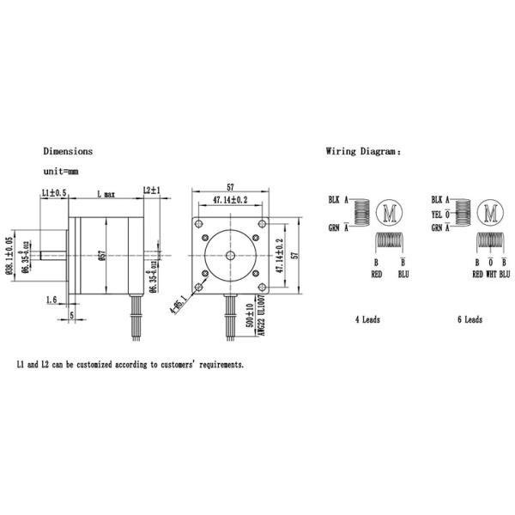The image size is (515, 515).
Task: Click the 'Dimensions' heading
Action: (68, 151)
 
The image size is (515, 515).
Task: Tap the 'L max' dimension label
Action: (107, 194)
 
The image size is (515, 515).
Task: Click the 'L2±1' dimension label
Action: (152, 191)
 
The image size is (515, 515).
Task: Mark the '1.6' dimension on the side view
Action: (51, 300)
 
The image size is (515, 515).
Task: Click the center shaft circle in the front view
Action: (232, 255)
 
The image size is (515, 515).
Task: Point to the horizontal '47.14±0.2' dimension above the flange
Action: (230, 200)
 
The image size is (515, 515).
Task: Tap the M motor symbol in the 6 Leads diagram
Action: (491, 212)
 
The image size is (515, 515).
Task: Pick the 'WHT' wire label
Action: (491, 275)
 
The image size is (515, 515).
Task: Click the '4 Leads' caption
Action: (367, 319)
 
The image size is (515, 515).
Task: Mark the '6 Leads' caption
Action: (470, 319)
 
